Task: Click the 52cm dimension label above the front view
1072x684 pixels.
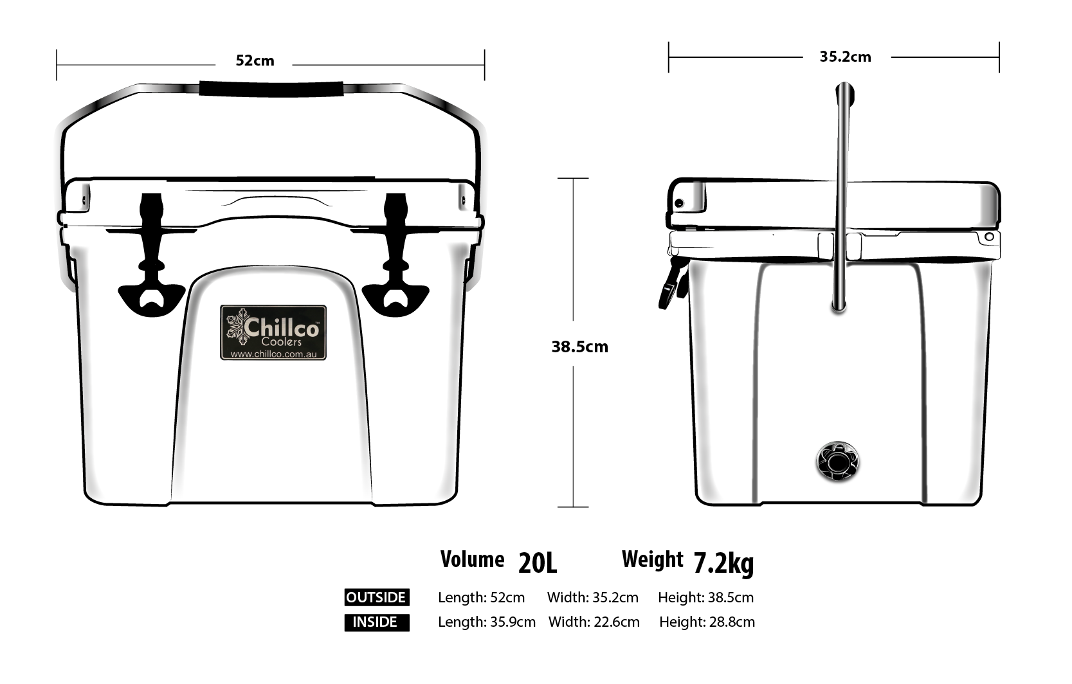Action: pos(255,61)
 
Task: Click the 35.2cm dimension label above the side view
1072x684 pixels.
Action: pos(845,57)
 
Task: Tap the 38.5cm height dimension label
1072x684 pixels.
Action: pos(579,347)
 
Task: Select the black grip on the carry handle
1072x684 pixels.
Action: pos(271,89)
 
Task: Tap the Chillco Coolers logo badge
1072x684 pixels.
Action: pos(273,332)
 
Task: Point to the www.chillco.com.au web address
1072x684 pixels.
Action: pos(273,354)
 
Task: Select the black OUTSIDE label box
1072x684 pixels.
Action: pos(376,598)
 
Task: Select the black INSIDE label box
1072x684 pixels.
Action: pos(376,622)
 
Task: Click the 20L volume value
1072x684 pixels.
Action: pos(538,564)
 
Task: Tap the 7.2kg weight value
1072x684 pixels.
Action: pos(723,564)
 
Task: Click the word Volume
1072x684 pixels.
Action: pos(472,560)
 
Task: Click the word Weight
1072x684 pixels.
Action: pos(652,560)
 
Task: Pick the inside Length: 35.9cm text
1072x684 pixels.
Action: pos(486,622)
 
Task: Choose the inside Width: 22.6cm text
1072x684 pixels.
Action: pos(594,622)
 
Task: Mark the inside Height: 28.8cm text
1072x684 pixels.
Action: pos(707,622)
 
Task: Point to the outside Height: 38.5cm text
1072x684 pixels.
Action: pos(705,598)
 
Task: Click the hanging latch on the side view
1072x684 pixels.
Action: pos(672,283)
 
